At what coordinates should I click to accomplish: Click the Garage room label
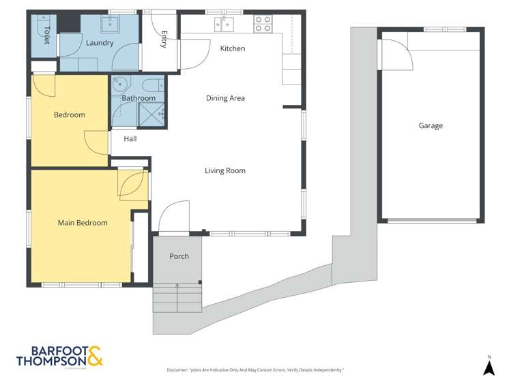point(430,125)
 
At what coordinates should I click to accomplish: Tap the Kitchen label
point(232,48)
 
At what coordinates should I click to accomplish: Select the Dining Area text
point(225,98)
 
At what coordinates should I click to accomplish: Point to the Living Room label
point(224,170)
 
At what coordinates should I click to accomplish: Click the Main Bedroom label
point(82,223)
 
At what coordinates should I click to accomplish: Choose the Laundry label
point(99,43)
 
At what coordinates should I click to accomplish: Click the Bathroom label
point(138,98)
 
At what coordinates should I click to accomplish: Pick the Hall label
point(130,138)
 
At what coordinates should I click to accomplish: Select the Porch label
point(179,256)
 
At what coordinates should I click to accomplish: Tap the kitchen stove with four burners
point(263,25)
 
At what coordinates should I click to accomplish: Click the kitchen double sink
point(224,25)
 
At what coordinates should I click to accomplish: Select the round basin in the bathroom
point(119,85)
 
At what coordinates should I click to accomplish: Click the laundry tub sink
point(111,25)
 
